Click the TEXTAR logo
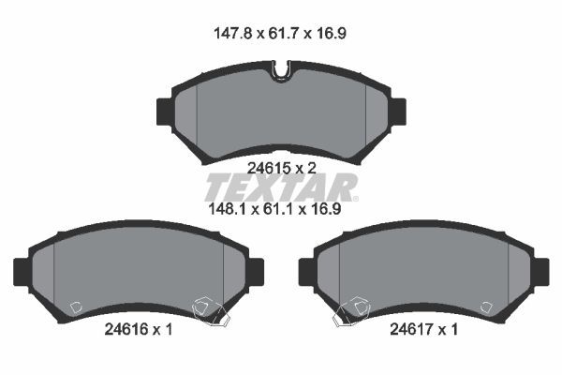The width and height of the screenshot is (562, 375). tap(281, 187)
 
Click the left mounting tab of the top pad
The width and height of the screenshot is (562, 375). tap(163, 111)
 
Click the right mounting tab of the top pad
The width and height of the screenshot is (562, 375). tap(397, 111)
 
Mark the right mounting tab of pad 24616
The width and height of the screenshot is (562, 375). tap(256, 271)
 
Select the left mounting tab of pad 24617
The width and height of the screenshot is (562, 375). tap(306, 271)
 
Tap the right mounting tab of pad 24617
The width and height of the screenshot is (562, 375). tap(540, 271)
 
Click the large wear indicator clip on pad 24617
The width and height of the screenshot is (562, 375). tap(353, 310)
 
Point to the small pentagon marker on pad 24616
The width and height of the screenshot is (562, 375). tap(78, 307)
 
